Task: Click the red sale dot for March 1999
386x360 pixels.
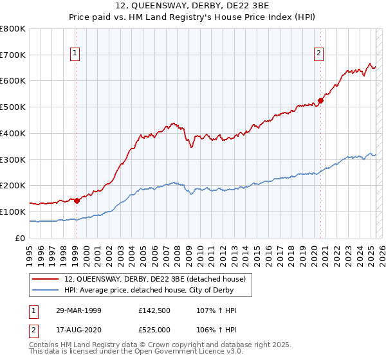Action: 77,200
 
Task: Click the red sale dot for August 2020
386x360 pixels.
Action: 320,100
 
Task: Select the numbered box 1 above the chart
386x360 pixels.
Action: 76,53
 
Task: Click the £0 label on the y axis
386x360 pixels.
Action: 21,238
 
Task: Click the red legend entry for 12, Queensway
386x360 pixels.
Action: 155,279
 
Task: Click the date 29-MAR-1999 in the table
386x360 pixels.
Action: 75,310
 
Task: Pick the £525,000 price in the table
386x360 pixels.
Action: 157,330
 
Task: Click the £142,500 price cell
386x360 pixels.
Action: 157,310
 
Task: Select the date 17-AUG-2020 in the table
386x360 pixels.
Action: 75,330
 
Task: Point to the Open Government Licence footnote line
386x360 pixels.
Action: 136,353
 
